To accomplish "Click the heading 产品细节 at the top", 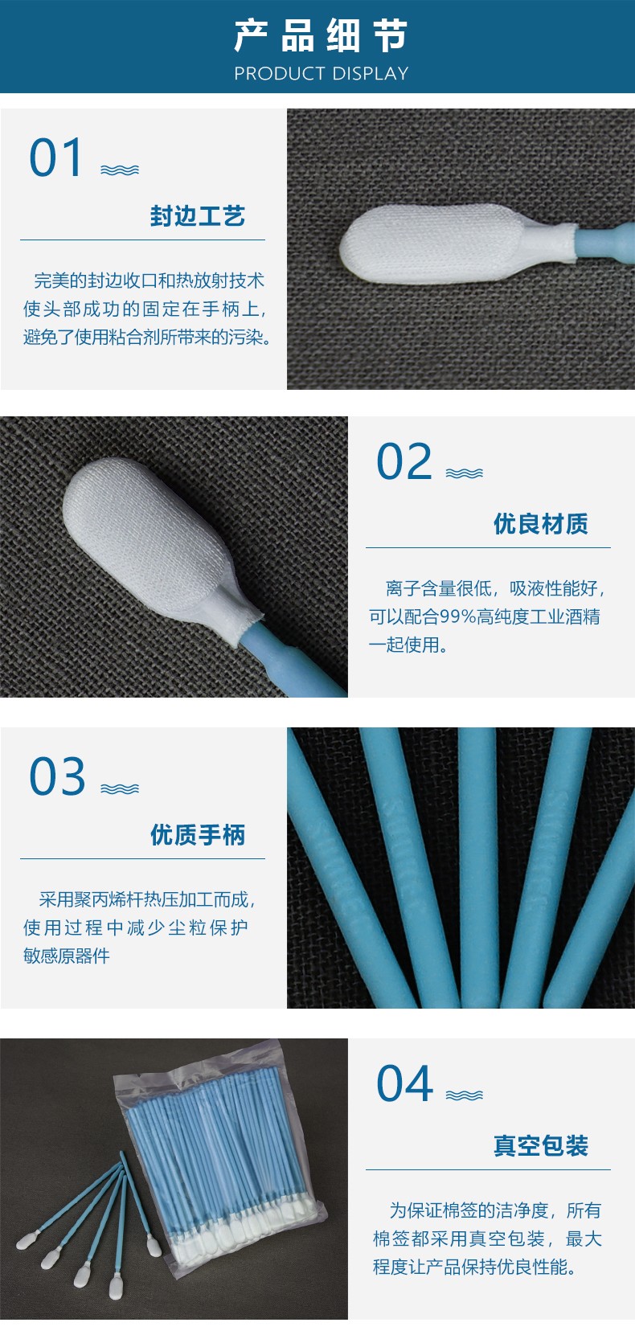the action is pos(321,35).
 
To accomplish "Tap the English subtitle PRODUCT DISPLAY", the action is pos(321,74).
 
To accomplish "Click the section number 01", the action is pos(55,158).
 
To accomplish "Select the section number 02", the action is pos(404,461).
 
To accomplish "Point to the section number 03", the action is pos(57,776).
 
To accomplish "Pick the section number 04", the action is pos(405,1083).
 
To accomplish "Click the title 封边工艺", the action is pos(197,216).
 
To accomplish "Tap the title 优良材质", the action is pos(540,523).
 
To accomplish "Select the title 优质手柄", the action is pos(197,834).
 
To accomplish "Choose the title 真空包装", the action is pos(540,1145).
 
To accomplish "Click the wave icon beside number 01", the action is pos(120,170).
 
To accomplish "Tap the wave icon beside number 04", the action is pos(464,1095).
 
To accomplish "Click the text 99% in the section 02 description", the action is pos(457,616).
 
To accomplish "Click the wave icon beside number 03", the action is pos(120,789).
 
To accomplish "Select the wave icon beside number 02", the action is pos(464,473).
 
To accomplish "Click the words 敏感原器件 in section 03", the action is pos(67,956).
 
